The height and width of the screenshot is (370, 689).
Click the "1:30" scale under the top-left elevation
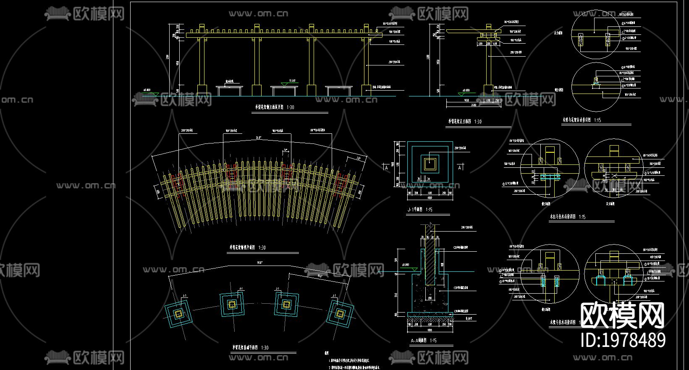pyautogui.click(x=291, y=107)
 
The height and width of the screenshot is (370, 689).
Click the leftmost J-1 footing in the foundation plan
pyautogui.click(x=178, y=313)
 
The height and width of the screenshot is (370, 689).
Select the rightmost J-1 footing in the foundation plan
pyautogui.click(x=340, y=313)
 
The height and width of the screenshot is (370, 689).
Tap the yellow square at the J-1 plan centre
pyautogui.click(x=430, y=164)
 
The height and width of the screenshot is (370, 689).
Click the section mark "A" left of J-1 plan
pyautogui.click(x=387, y=168)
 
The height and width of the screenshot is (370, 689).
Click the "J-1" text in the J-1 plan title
pyautogui.click(x=411, y=209)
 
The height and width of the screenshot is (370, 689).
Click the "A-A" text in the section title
pyautogui.click(x=414, y=340)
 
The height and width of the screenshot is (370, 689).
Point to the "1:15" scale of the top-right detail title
pyautogui.click(x=597, y=120)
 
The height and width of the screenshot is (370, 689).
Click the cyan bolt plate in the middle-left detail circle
pyautogui.click(x=550, y=177)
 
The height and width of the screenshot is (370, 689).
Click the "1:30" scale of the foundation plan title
pyautogui.click(x=265, y=348)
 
